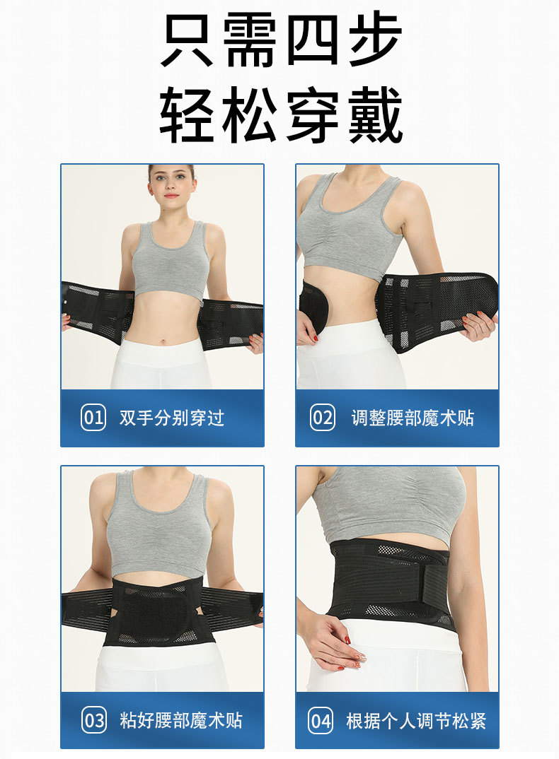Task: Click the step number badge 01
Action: (x=93, y=418)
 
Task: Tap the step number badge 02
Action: (x=323, y=418)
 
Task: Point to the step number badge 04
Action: (x=322, y=720)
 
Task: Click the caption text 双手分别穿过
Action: (x=172, y=418)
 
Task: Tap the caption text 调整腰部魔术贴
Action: (x=413, y=418)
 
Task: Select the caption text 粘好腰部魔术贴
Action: (x=182, y=720)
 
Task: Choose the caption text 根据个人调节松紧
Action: (x=416, y=720)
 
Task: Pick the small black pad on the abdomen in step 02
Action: (x=313, y=305)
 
